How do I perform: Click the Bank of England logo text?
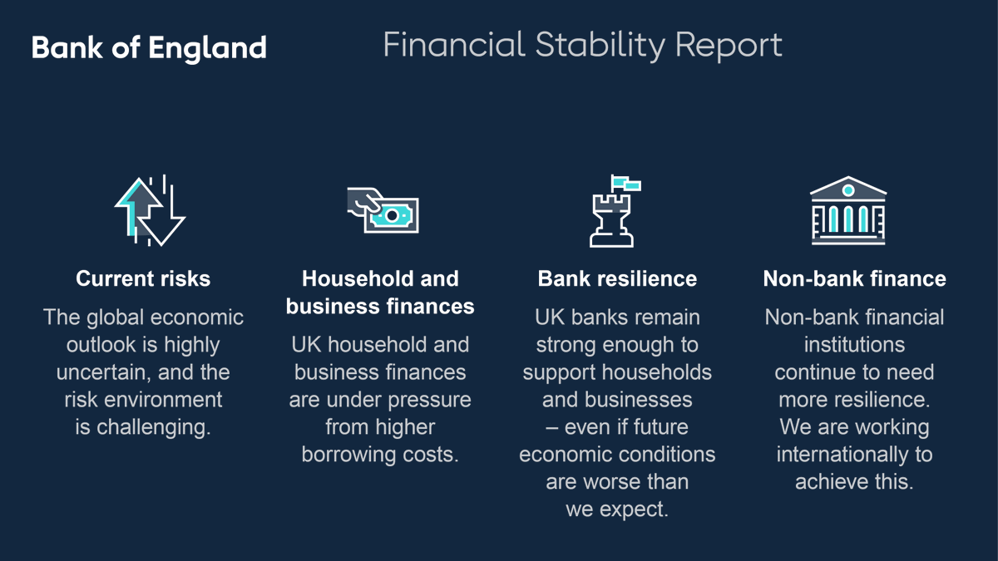click(149, 47)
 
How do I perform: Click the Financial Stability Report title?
click(582, 45)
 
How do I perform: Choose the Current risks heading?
click(143, 278)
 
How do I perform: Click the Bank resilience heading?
click(617, 278)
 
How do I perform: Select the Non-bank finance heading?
click(854, 278)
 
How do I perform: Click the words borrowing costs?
click(380, 455)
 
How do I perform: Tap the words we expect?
click(617, 509)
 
